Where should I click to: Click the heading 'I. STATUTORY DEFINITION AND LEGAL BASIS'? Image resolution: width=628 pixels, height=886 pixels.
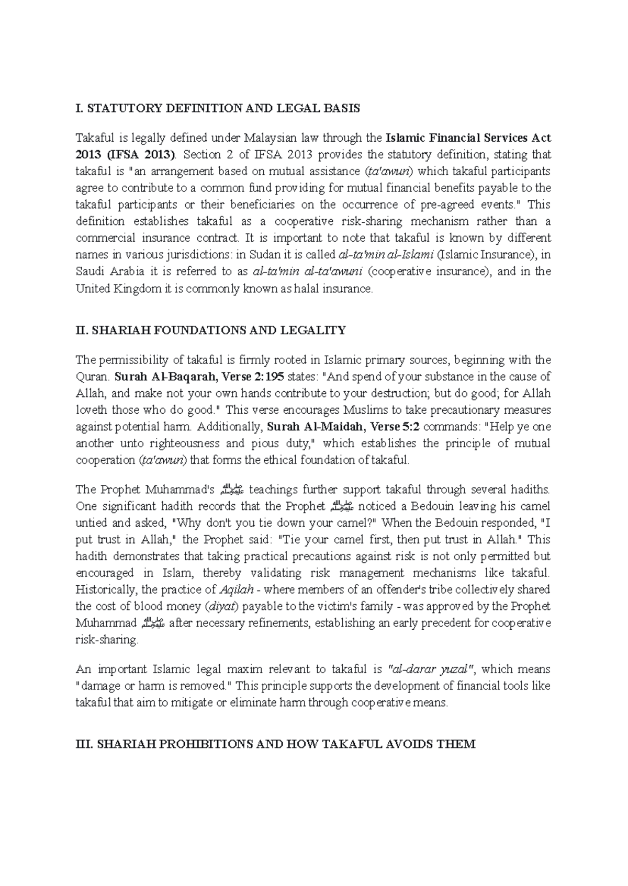[x=218, y=108]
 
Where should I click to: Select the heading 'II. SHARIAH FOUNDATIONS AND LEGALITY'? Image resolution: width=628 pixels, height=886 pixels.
[x=211, y=330]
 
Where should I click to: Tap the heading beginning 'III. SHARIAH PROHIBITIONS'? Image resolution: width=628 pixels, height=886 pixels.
[x=276, y=744]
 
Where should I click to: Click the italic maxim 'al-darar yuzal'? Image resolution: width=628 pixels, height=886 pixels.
[x=431, y=669]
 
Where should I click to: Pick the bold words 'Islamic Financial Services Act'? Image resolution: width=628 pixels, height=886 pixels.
[x=468, y=138]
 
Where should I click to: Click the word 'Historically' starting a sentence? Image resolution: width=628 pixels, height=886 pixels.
[x=107, y=590]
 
